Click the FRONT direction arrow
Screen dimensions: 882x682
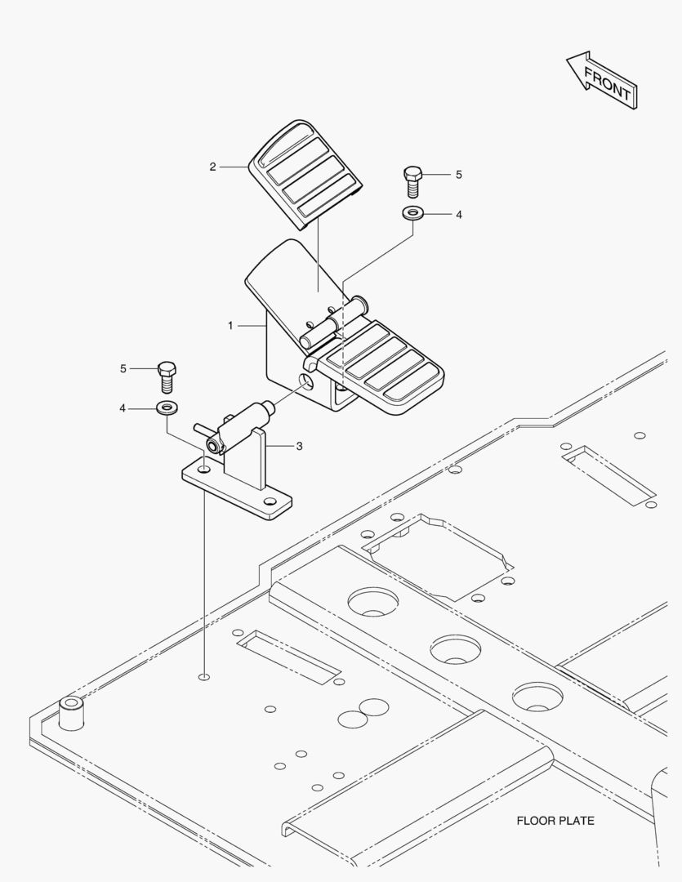click(x=601, y=81)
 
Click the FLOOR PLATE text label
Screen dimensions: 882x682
click(x=555, y=821)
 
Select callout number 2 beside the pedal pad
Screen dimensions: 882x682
click(x=212, y=167)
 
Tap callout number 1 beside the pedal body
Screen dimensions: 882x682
click(x=230, y=325)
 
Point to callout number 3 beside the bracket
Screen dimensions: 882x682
click(x=299, y=446)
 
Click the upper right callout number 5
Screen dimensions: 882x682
click(x=458, y=175)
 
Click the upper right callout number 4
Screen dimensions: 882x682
click(x=458, y=215)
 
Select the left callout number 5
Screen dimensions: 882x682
click(x=123, y=368)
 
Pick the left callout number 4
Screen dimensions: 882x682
click(x=123, y=408)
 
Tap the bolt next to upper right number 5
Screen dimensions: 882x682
click(x=413, y=180)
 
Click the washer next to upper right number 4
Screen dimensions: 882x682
click(x=412, y=214)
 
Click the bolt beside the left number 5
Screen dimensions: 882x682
click(x=167, y=375)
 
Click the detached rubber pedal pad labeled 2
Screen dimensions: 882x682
click(x=305, y=169)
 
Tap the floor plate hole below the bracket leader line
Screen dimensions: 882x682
click(x=203, y=676)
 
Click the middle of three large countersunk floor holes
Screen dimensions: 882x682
click(x=455, y=649)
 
